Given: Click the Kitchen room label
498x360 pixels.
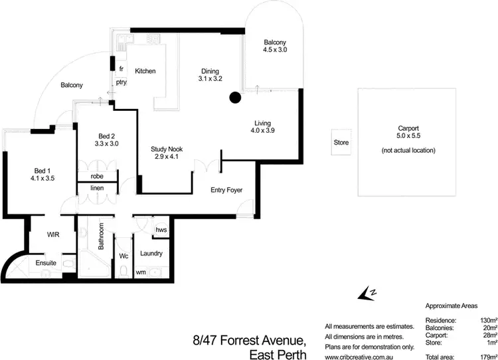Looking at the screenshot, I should tap(145, 71).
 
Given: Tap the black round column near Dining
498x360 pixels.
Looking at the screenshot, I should tap(234, 99).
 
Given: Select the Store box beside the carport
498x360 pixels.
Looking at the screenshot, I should tap(341, 143).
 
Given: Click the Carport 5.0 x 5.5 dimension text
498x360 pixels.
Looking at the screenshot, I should tap(408, 138).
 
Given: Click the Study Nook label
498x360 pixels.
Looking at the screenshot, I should tap(167, 149).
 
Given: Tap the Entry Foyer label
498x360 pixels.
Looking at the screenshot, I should tap(226, 190).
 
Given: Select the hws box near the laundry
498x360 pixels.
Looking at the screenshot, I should tap(161, 230).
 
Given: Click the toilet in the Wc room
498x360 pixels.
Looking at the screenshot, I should tap(124, 270).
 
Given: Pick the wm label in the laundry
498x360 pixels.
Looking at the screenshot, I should tap(141, 272).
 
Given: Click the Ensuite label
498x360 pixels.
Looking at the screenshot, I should tap(46, 264).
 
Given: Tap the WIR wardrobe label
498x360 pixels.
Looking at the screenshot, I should tap(54, 235).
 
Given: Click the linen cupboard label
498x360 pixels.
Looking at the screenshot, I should tap(96, 188).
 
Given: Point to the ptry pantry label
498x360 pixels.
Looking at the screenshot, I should tap(121, 82).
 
